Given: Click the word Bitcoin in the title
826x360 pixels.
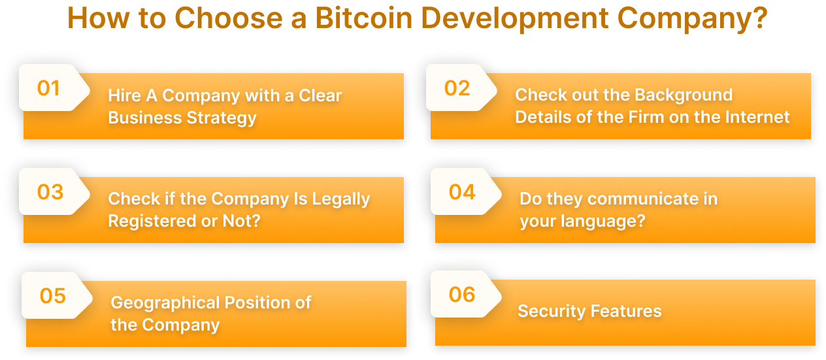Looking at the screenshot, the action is click(363, 18).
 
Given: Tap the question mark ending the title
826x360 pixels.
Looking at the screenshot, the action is click(759, 18).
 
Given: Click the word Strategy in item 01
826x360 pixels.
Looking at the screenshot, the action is click(222, 118).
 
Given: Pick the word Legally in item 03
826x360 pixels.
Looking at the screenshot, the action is click(340, 199).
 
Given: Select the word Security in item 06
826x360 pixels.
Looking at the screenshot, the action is click(552, 311).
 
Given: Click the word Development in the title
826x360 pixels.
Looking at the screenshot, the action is click(515, 18).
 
